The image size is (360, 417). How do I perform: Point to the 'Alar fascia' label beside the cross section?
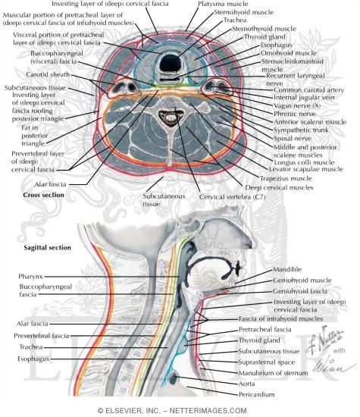pos(49,183)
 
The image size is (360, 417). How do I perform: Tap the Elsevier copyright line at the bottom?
pos(180,410)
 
